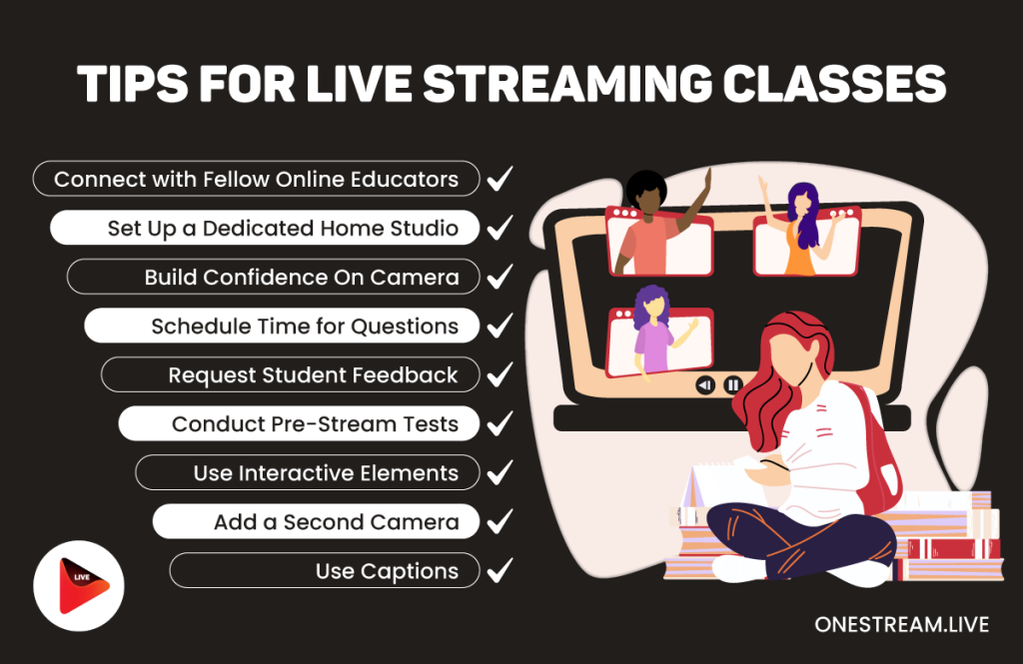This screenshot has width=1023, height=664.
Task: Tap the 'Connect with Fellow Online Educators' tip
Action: (256, 179)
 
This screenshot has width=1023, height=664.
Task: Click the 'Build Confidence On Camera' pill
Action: (273, 277)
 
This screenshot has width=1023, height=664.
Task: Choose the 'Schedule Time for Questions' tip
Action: (282, 326)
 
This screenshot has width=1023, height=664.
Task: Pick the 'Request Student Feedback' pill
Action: (290, 374)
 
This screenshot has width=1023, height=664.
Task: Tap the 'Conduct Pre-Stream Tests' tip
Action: (299, 423)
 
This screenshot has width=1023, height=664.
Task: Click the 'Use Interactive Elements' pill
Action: (307, 472)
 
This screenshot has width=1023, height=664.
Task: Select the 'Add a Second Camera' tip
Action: (316, 521)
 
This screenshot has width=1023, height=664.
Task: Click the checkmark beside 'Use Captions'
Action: (500, 570)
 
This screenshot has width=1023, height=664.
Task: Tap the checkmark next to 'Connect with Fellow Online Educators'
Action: (500, 179)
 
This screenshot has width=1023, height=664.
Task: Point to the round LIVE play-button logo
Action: (79, 586)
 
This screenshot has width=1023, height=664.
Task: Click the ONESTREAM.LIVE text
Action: (901, 625)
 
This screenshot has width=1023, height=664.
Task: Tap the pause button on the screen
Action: (732, 384)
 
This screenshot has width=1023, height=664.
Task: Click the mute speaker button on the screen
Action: (705, 384)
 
